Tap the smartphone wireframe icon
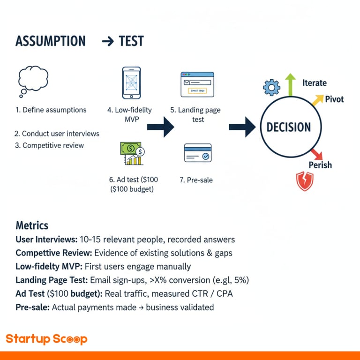pos(131,83)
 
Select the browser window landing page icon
pos(197,84)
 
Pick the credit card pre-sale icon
pos(197,153)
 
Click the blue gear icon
pos(271,88)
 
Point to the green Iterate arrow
pos(291,85)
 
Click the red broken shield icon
pos(305,181)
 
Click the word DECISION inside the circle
pos(288,127)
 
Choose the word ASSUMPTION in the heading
pos(51,41)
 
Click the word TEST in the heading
pos(131,41)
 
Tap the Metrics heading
pos(32,225)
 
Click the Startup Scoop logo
pos(46,339)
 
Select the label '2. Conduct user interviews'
pos(57,134)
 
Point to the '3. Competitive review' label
pos(50,145)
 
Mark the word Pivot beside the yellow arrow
pos(334,99)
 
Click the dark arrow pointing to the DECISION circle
pos(242,127)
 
